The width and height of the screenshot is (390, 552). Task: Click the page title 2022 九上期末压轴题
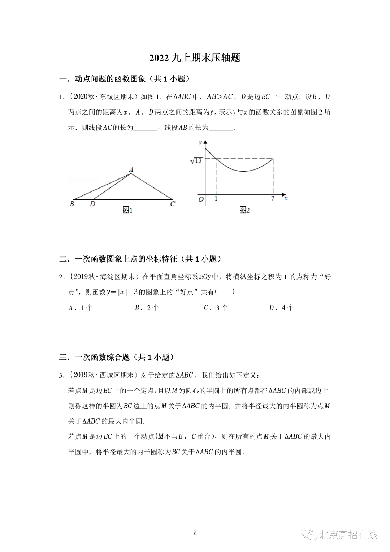(195, 58)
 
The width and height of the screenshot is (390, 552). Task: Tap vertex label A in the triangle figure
(131, 169)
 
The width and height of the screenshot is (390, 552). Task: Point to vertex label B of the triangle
(72, 204)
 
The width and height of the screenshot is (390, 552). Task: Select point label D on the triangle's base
(93, 204)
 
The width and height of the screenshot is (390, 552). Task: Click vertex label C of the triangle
(173, 204)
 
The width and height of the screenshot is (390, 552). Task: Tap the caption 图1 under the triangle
(127, 210)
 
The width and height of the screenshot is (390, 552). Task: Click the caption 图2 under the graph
(244, 210)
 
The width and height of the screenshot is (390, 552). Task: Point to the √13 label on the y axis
(196, 160)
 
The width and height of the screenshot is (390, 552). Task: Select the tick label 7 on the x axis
(273, 198)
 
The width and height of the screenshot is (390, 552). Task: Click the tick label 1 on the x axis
(216, 198)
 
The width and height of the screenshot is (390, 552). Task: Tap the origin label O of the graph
(201, 199)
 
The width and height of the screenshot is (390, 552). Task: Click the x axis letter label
(286, 198)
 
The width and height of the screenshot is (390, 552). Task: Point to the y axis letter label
(200, 142)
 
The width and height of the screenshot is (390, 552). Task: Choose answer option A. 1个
(81, 308)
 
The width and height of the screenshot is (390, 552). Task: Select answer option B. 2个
(147, 308)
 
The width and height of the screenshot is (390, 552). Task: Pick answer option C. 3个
(216, 308)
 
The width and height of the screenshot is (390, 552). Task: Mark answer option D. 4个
(282, 308)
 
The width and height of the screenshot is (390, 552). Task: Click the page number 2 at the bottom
(195, 532)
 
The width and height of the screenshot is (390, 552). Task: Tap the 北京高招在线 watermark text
(348, 535)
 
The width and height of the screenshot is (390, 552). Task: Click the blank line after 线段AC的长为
(146, 128)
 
